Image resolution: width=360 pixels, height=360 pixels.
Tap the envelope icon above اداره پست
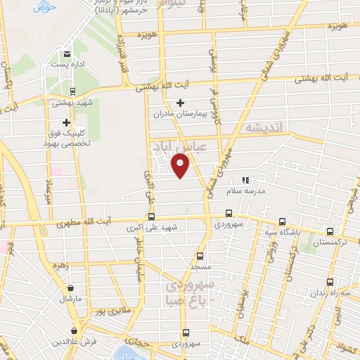pyautogui.click(x=67, y=53)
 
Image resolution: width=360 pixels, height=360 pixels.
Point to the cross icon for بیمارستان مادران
pyautogui.click(x=180, y=103)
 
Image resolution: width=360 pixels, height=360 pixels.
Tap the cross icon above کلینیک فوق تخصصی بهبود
pyautogui.click(x=67, y=122)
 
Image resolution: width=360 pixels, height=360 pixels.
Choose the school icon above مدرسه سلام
pyautogui.click(x=245, y=180)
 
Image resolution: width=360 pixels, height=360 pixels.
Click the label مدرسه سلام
pyautogui.click(x=245, y=191)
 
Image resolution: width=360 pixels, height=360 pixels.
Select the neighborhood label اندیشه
pyautogui.click(x=262, y=129)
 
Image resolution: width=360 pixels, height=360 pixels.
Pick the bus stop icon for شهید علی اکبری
pyautogui.click(x=152, y=217)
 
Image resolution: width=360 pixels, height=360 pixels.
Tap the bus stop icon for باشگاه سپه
pyautogui.click(x=282, y=221)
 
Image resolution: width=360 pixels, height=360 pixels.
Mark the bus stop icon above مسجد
pyautogui.click(x=200, y=256)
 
